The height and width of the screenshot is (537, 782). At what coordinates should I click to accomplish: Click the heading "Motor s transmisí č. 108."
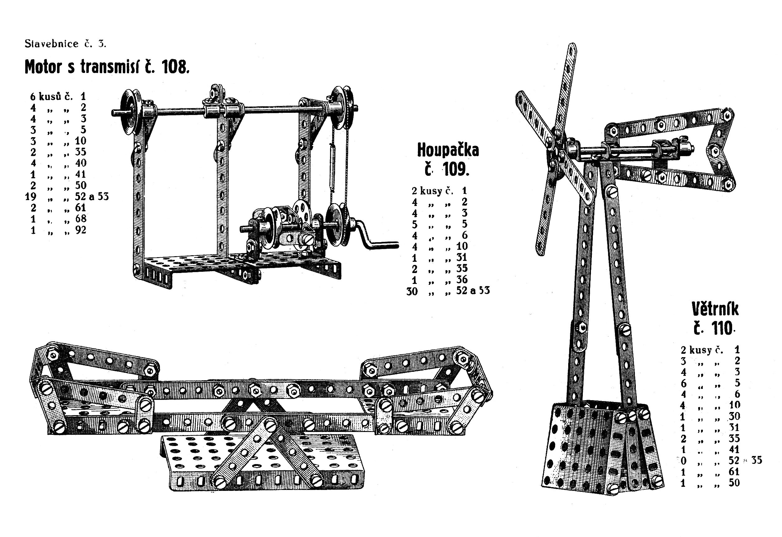tap(107, 67)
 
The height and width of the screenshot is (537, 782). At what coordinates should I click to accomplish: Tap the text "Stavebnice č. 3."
tap(65, 44)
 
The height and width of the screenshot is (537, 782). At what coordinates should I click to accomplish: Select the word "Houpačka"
tap(448, 150)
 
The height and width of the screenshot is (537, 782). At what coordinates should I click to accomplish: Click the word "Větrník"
tap(715, 309)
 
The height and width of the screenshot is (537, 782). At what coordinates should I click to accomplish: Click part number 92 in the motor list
tap(81, 230)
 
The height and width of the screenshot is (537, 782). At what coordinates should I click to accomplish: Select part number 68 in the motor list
tap(81, 219)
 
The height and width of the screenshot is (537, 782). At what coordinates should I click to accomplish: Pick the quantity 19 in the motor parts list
tap(31, 196)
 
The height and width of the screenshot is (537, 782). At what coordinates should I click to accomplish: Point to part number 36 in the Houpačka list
tap(462, 279)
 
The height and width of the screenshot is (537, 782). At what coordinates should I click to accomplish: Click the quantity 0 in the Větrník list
tap(684, 461)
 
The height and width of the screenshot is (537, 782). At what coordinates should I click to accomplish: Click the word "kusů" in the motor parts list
tap(50, 97)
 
